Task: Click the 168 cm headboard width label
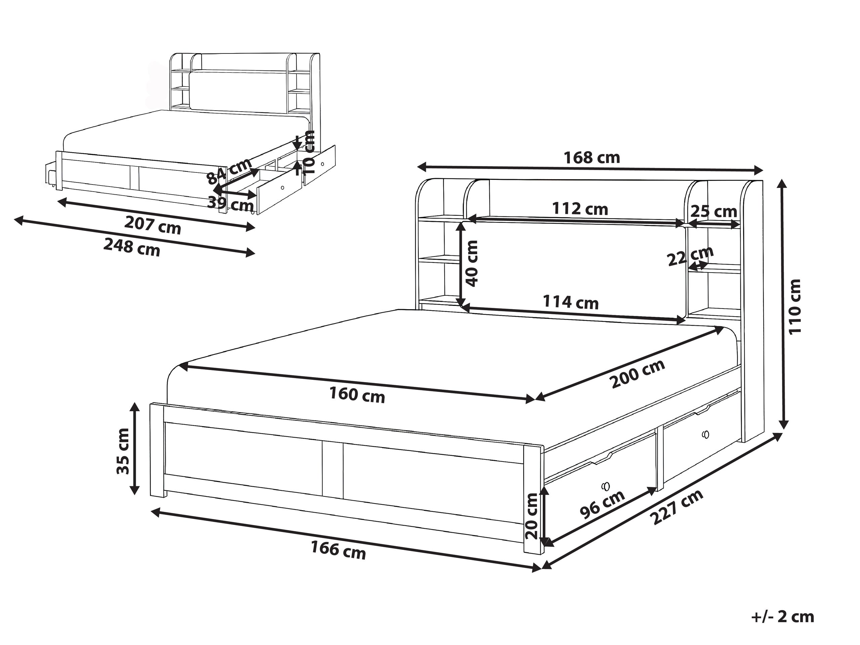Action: tap(592, 158)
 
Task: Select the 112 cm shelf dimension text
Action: tap(580, 209)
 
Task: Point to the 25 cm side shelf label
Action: tap(714, 211)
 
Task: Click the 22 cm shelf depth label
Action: tap(690, 256)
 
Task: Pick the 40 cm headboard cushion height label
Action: tap(472, 263)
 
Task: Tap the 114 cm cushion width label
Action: tap(570, 302)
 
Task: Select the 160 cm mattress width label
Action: tap(357, 395)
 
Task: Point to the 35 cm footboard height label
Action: tap(123, 451)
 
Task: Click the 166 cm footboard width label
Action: tap(338, 550)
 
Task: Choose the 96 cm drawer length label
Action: tap(602, 504)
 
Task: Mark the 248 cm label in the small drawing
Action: tap(132, 247)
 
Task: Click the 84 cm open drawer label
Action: tap(229, 171)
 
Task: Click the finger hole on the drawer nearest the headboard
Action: tap(706, 434)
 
